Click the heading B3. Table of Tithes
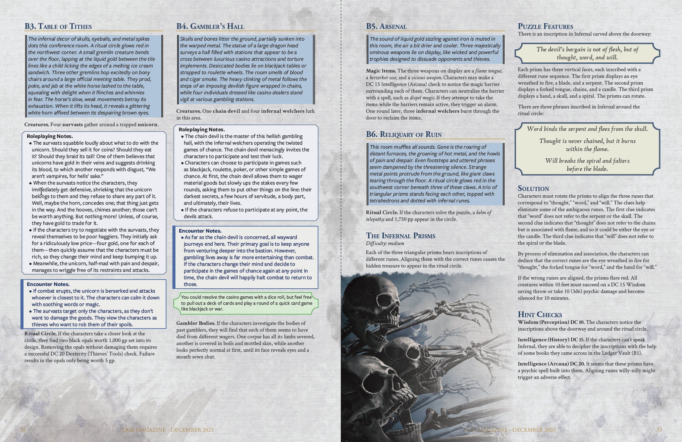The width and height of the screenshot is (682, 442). [x=58, y=27]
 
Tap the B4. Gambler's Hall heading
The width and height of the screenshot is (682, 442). [x=210, y=27]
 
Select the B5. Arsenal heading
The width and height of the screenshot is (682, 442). [x=386, y=27]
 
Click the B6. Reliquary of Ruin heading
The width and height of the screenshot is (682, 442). [x=404, y=135]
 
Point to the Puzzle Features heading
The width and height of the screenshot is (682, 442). [x=545, y=27]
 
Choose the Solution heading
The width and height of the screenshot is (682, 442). [x=533, y=188]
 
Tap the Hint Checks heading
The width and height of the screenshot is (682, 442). [x=539, y=314]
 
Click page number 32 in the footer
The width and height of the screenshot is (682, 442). [x=23, y=430]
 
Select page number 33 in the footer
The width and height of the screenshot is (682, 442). [x=659, y=430]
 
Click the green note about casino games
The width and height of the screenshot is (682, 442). [x=246, y=303]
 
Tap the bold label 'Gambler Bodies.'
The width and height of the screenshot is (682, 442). [x=196, y=323]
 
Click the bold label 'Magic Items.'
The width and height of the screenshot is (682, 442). [x=381, y=71]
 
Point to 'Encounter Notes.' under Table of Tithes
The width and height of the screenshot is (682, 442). [x=48, y=284]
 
